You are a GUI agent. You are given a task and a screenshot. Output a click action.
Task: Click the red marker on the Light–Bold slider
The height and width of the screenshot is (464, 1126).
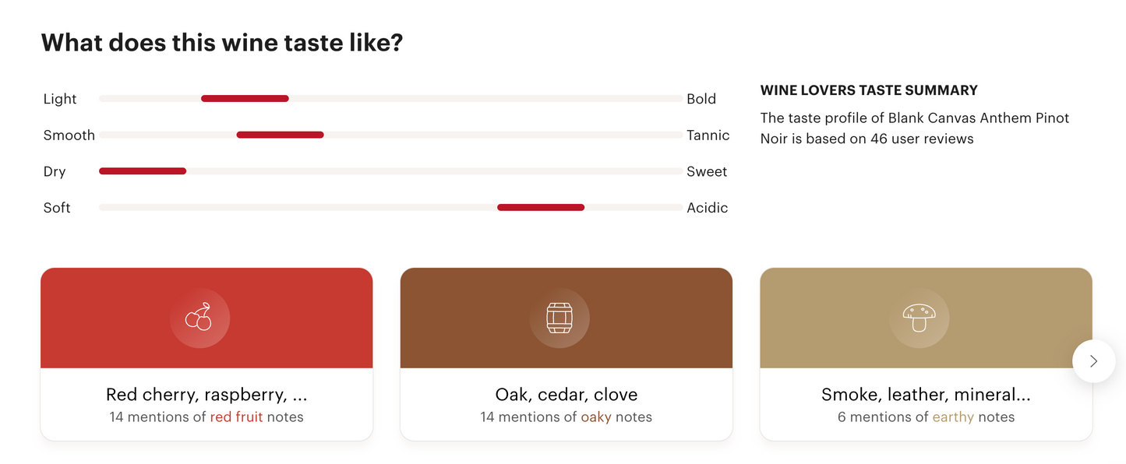[x=245, y=99]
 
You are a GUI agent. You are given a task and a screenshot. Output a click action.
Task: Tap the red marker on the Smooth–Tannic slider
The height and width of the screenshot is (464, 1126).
[x=280, y=135]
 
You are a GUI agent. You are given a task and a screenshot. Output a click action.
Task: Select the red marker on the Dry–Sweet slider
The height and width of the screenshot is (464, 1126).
[x=143, y=171]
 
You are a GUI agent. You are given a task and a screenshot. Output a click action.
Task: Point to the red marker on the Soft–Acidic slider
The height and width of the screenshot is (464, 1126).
[x=541, y=207]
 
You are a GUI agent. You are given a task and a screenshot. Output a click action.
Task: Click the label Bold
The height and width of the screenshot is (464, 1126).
[x=701, y=99]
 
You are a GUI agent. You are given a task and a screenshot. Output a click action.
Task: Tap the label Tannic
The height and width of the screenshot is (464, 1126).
[x=708, y=135]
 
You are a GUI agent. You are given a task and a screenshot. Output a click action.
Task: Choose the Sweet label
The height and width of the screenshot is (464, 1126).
[x=707, y=172]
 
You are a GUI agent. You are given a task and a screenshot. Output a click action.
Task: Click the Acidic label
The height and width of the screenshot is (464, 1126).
[x=707, y=208]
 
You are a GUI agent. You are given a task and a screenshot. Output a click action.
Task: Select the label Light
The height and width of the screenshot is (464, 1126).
[x=60, y=99]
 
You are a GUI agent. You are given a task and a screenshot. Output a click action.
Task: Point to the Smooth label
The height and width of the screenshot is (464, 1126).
[x=69, y=135]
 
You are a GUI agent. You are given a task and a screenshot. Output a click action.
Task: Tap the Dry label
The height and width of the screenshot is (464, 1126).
[x=55, y=172]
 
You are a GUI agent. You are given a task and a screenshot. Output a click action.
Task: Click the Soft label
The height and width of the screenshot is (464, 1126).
[x=57, y=208]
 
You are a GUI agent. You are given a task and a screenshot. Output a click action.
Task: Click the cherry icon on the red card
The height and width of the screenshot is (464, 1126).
[x=199, y=318]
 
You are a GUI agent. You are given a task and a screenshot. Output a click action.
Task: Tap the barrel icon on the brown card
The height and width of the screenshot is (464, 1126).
[x=559, y=318]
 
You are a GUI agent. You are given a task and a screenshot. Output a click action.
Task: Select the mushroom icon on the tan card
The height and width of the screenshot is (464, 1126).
[x=920, y=318]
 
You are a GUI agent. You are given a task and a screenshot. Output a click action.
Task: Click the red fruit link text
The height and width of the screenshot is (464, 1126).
[x=236, y=417]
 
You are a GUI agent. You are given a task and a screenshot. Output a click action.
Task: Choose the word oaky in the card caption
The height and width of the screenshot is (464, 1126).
[x=596, y=417]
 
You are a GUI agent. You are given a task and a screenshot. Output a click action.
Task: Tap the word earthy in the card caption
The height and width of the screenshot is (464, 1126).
[x=953, y=417]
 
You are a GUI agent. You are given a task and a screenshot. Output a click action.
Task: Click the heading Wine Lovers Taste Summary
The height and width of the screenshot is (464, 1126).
[x=869, y=90]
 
